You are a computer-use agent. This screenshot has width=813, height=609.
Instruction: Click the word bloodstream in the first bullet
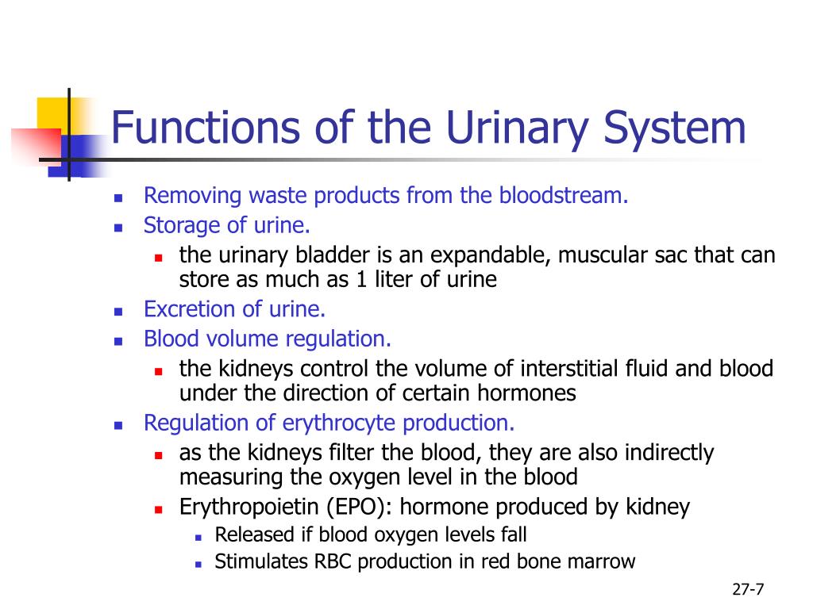point(563,196)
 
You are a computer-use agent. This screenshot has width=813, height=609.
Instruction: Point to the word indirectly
point(669,454)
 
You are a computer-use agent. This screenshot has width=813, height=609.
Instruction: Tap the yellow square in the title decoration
point(51,112)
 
